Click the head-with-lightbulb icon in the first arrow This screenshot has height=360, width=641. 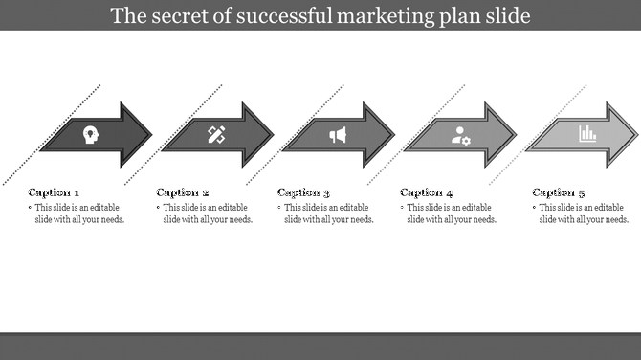pyautogui.click(x=90, y=135)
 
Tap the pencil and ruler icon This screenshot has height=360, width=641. pyautogui.click(x=215, y=135)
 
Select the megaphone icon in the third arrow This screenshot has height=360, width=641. pyautogui.click(x=338, y=135)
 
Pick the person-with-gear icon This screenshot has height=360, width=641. pyautogui.click(x=461, y=135)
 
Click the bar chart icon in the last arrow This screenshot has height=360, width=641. pyautogui.click(x=586, y=134)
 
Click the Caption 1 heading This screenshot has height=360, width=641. pyautogui.click(x=54, y=192)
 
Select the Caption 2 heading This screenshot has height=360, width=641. pyautogui.click(x=182, y=192)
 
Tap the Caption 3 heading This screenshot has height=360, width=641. pyautogui.click(x=304, y=192)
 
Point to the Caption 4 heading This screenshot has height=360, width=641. pyautogui.click(x=428, y=192)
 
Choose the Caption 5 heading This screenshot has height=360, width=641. pyautogui.click(x=559, y=192)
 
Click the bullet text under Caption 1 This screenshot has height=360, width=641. pyautogui.click(x=79, y=214)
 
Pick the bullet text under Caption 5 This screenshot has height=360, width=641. pyautogui.click(x=584, y=214)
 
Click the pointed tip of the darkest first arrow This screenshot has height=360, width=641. pyautogui.click(x=150, y=135)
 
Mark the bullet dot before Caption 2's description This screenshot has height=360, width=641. pyautogui.click(x=159, y=208)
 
